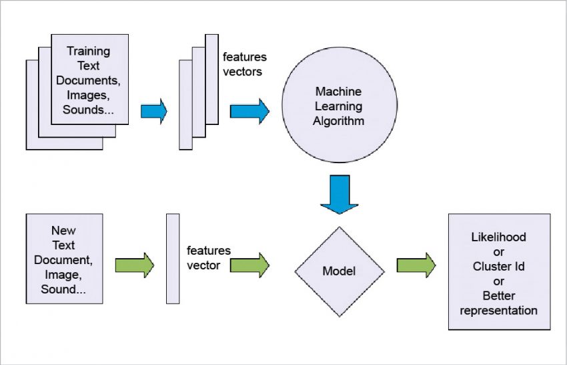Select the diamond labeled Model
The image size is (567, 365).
pos(340,271)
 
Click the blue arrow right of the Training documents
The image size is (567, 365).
pos(154,110)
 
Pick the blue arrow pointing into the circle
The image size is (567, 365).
pos(249,111)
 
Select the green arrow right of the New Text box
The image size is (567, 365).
pos(135,265)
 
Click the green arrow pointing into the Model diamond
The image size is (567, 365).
pos(249,265)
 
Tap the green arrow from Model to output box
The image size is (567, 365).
pos(416,265)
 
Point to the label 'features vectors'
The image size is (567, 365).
pos(243,64)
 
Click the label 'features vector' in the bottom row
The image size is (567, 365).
pos(209,257)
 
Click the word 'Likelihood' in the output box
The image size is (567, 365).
pos(498,237)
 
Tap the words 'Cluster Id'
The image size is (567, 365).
pos(498,266)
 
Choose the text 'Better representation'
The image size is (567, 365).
pos(498,303)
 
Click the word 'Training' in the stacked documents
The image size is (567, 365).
pos(88,51)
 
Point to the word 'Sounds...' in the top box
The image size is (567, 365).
pos(88,110)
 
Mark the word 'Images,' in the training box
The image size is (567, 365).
pos(88,95)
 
